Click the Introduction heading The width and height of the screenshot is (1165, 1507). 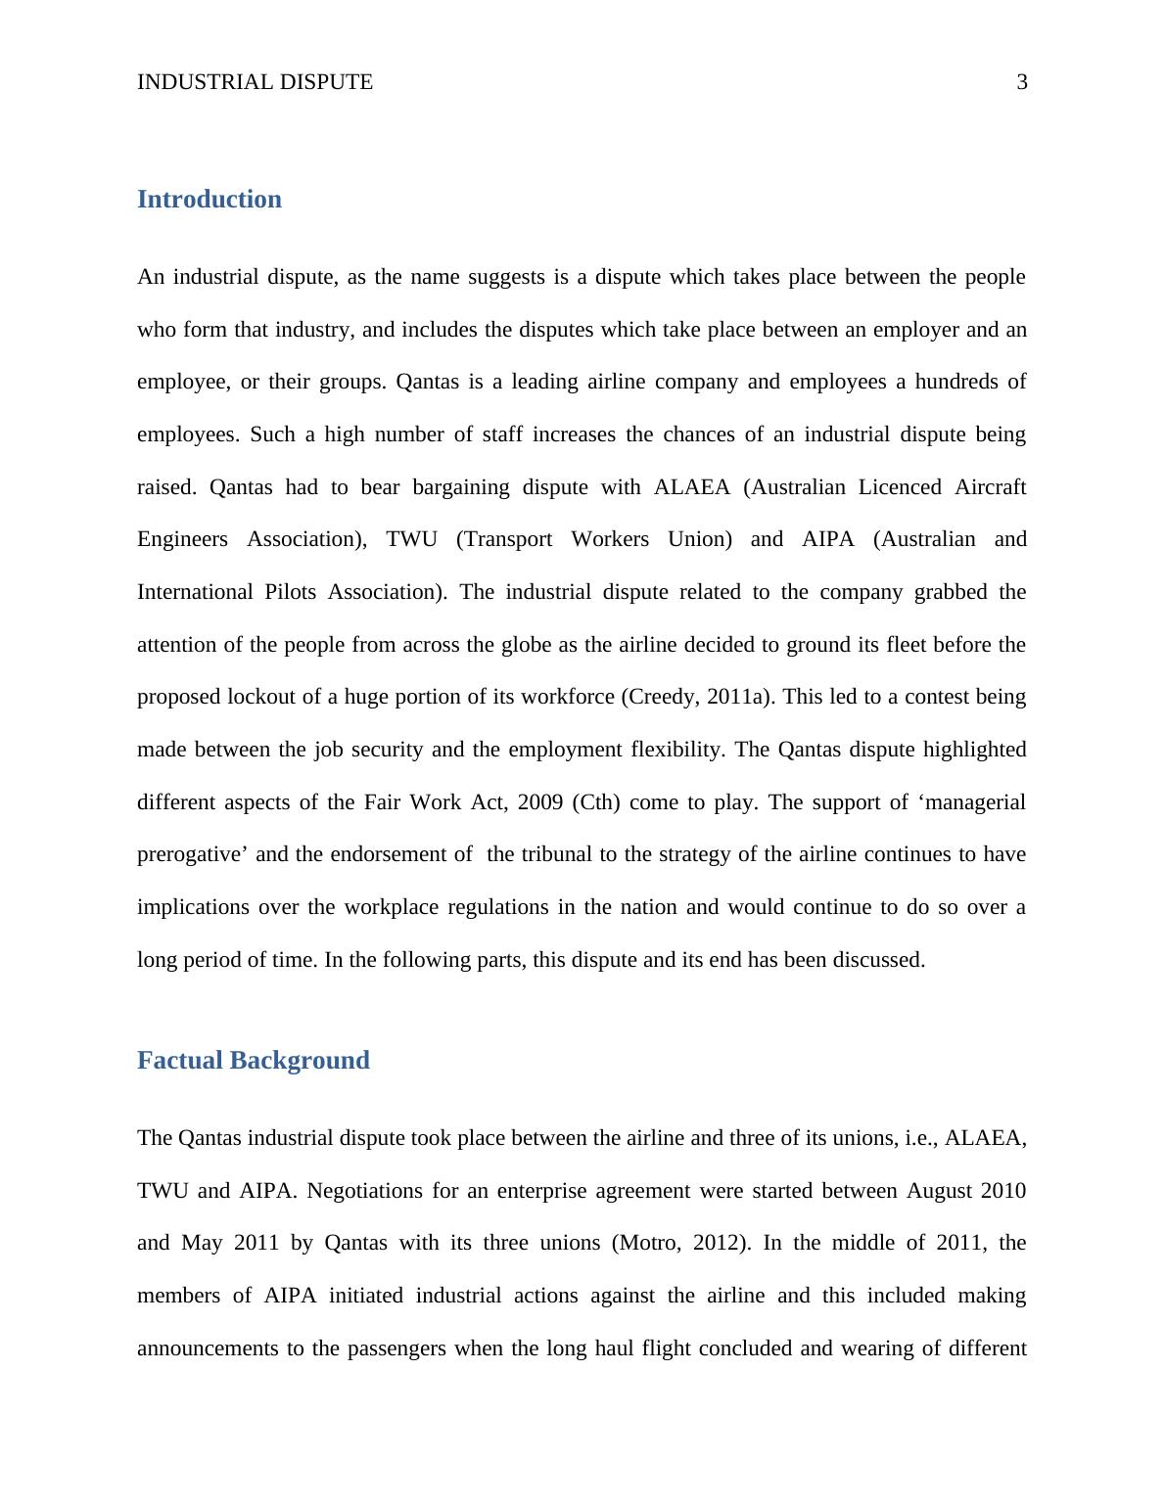tap(209, 200)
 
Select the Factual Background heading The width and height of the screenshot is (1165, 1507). tap(253, 1061)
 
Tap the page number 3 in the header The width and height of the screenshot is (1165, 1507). tap(1022, 82)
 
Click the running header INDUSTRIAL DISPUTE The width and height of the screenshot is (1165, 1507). tap(255, 82)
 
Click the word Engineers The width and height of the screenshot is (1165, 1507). tap(182, 539)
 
